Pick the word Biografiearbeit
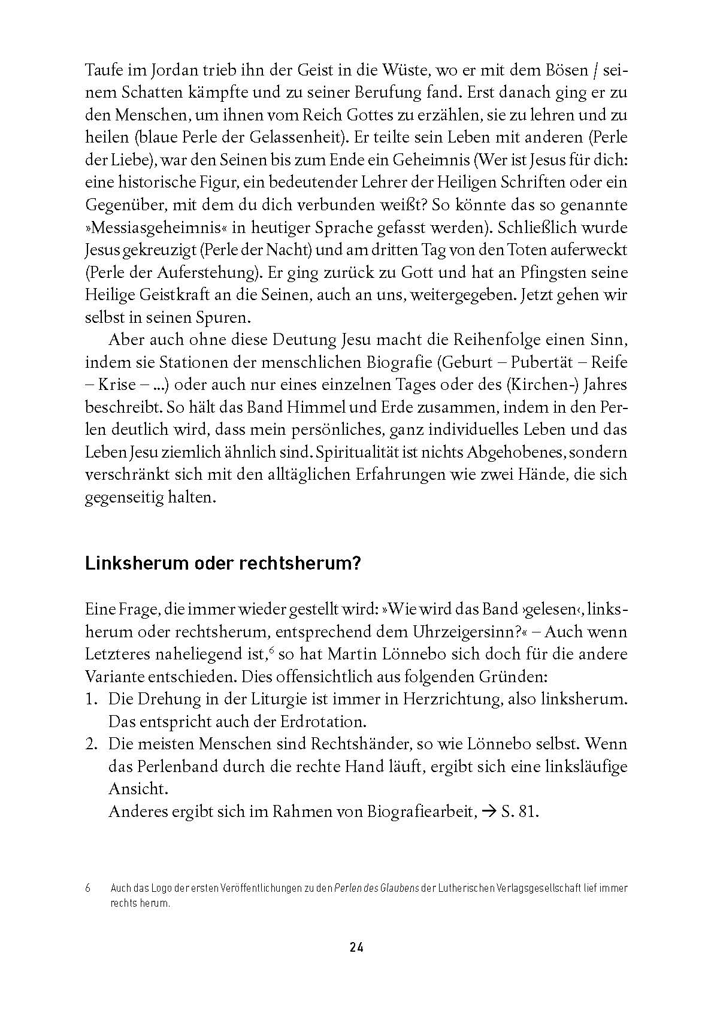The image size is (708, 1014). (x=403, y=812)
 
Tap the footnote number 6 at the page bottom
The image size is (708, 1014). (x=88, y=888)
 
